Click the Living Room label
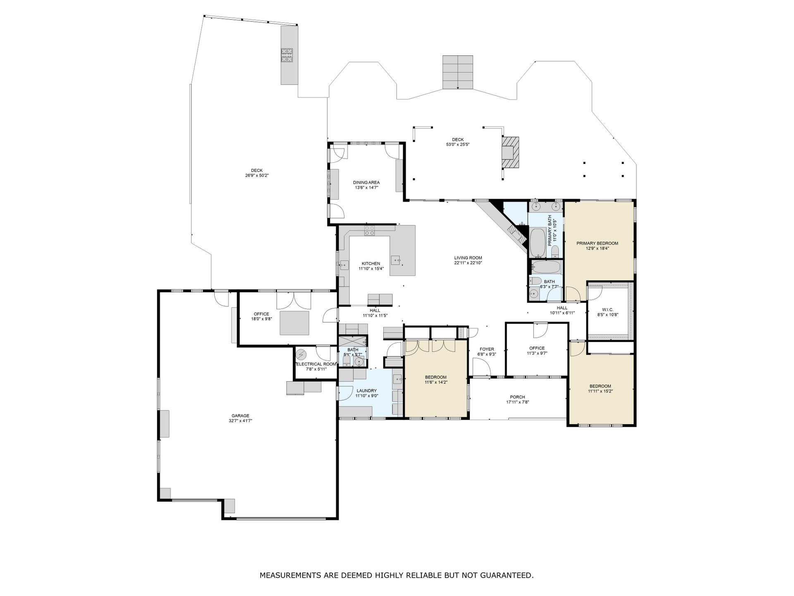[x=468, y=258]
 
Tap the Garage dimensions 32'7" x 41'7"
[x=240, y=421]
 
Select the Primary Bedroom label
[x=597, y=243]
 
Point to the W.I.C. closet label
[x=607, y=310]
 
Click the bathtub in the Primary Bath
[x=538, y=243]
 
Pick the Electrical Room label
[x=317, y=364]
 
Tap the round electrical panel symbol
[x=301, y=355]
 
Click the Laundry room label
[x=366, y=391]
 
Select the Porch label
[x=517, y=397]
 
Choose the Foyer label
[x=487, y=349]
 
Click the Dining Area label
[x=366, y=183]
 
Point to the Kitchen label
[x=371, y=264]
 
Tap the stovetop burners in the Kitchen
[x=370, y=231]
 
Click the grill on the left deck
[x=287, y=55]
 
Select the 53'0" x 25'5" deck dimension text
[x=458, y=144]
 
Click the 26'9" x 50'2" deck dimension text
[x=257, y=175]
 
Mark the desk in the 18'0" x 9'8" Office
[x=294, y=323]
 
